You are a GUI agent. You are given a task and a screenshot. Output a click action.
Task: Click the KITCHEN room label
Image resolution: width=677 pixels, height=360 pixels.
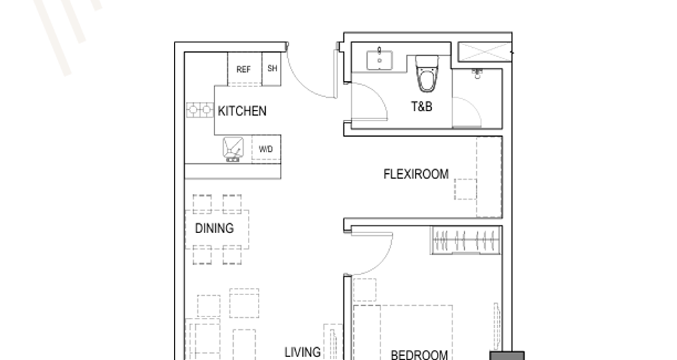(242, 111)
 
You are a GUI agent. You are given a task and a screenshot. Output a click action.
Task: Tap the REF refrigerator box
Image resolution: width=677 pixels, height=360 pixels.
(244, 69)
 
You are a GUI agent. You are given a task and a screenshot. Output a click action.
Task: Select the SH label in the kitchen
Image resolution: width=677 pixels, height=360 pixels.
(272, 68)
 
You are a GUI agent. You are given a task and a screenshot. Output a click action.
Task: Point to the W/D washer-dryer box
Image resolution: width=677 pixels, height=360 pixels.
(266, 149)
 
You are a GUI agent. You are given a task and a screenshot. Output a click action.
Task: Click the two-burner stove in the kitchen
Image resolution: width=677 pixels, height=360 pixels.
(200, 110)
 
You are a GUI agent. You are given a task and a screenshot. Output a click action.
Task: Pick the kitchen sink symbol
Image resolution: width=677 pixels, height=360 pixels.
(233, 150)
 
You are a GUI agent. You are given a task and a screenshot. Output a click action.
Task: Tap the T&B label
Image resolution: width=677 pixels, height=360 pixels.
(421, 106)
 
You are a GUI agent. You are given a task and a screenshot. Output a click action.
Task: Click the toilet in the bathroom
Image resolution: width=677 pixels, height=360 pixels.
(427, 74)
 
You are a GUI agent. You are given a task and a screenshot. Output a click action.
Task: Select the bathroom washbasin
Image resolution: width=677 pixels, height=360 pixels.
(380, 60)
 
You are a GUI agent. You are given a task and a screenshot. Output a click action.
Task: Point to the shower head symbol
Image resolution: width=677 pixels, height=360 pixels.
(477, 73)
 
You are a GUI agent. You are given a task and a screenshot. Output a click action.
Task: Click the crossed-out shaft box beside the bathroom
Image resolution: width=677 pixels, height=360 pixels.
(484, 52)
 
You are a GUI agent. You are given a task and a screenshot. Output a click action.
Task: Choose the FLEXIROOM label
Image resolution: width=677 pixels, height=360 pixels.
(415, 174)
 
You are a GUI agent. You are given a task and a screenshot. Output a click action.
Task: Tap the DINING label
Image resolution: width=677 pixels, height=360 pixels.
(215, 228)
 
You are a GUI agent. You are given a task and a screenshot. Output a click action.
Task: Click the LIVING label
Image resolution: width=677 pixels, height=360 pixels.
(303, 352)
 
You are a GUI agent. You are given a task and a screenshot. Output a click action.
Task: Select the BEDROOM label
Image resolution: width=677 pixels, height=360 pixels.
(419, 355)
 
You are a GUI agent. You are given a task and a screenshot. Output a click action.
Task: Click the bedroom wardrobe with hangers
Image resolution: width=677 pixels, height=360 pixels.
(465, 240)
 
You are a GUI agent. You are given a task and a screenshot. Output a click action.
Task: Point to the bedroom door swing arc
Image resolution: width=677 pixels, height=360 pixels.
(384, 261)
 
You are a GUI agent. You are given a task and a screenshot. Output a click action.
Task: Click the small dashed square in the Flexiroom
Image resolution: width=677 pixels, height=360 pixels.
(465, 189)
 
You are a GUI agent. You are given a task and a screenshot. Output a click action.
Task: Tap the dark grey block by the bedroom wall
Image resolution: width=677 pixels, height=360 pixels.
(507, 356)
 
